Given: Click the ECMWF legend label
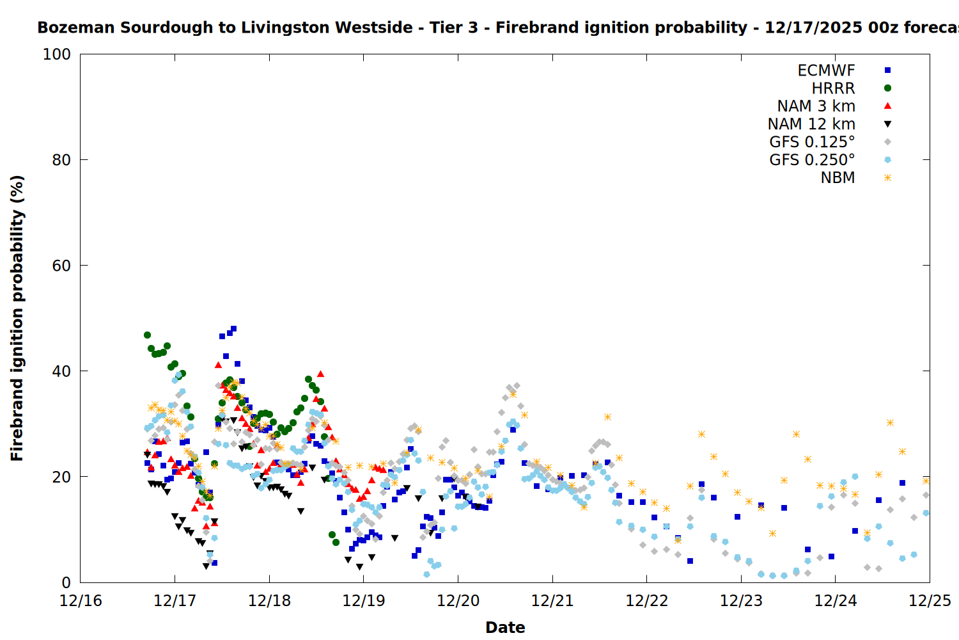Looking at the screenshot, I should pyautogui.click(x=826, y=70).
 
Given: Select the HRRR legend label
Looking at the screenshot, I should pyautogui.click(x=833, y=88).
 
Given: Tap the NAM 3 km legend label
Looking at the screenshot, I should pyautogui.click(x=816, y=106).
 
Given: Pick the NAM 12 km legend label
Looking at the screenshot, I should pyautogui.click(x=811, y=124).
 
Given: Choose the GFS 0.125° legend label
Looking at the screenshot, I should pyautogui.click(x=812, y=142).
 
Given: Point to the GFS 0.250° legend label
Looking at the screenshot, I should pyautogui.click(x=812, y=160).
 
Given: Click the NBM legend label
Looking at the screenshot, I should pyautogui.click(x=838, y=178).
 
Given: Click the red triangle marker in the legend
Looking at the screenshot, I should pyautogui.click(x=887, y=106).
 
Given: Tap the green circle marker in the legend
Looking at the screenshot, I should pyautogui.click(x=887, y=88).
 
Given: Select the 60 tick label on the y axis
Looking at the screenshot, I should pyautogui.click(x=61, y=266).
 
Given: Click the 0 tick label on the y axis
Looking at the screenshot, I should pyautogui.click(x=66, y=582).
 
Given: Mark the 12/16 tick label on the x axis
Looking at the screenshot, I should pyautogui.click(x=81, y=601).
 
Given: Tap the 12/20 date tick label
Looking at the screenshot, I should pyautogui.click(x=458, y=601).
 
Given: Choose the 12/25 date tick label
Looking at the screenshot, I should pyautogui.click(x=930, y=601).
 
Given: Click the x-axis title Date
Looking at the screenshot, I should pyautogui.click(x=505, y=627).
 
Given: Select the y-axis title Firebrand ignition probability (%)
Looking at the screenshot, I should pyautogui.click(x=17, y=318).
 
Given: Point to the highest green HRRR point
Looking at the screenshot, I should pyautogui.click(x=147, y=335).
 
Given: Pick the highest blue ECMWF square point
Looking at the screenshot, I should pyautogui.click(x=233, y=329).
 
